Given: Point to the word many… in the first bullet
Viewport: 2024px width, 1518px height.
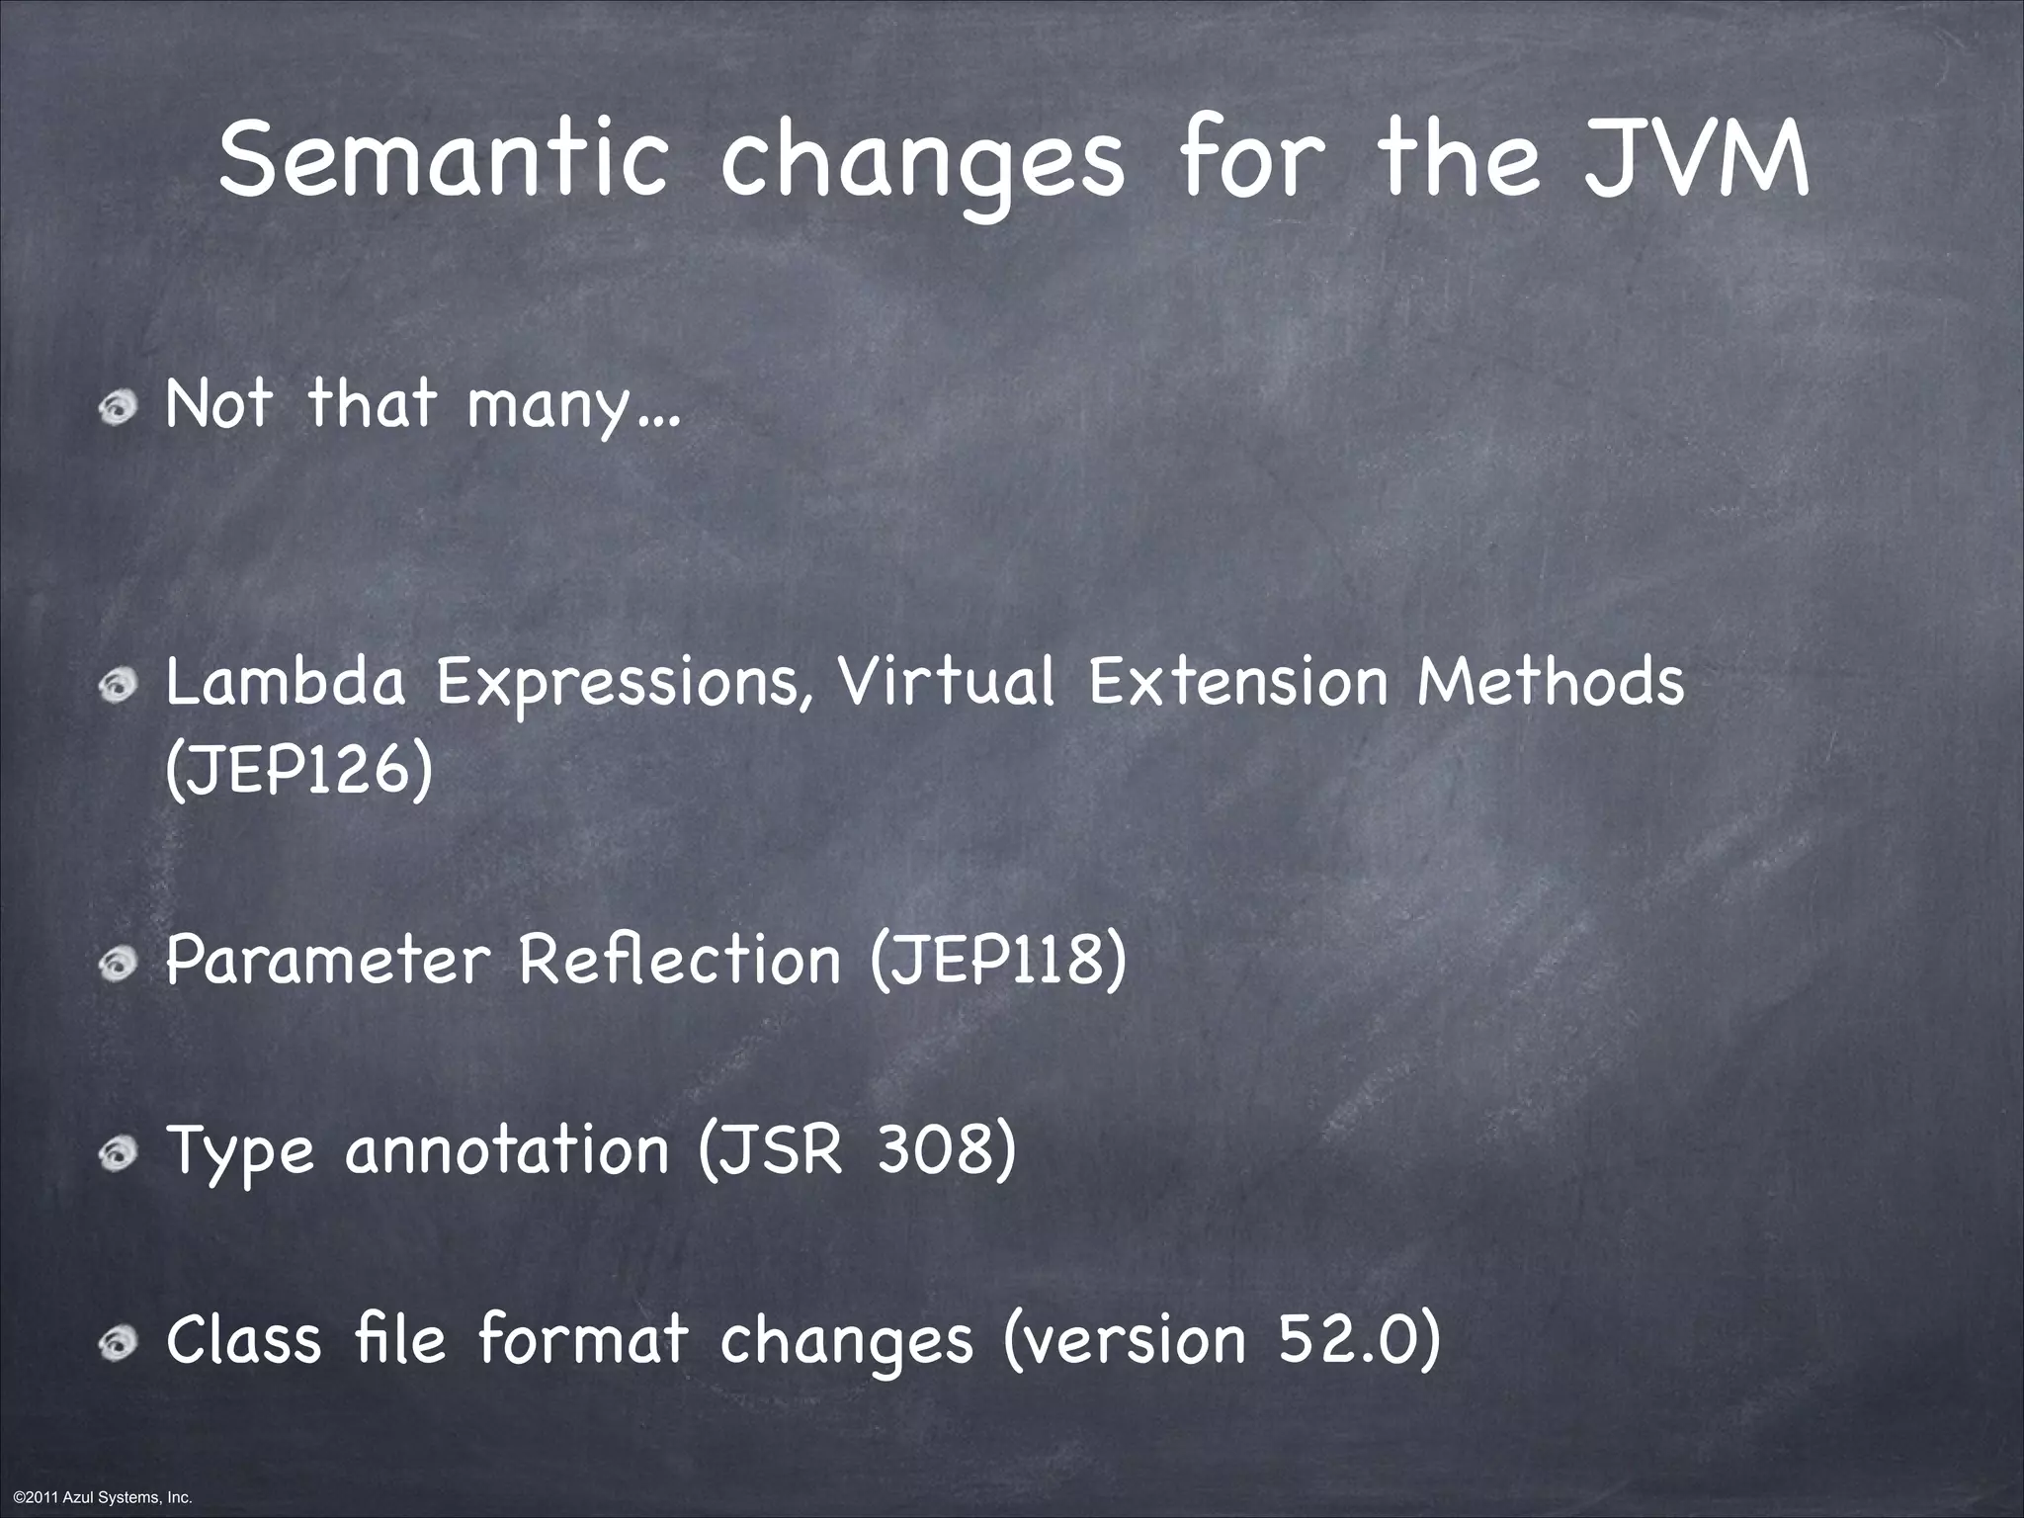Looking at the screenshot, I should coord(573,407).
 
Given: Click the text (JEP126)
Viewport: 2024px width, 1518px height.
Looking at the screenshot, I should coord(298,772).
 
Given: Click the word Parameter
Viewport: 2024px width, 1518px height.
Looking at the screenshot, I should coord(327,960).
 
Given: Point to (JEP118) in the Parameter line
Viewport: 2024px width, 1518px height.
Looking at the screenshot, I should coord(998,960).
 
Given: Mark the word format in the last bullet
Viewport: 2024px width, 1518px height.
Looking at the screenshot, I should coord(583,1340).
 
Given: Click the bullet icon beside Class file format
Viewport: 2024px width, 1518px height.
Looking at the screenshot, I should coord(124,1341).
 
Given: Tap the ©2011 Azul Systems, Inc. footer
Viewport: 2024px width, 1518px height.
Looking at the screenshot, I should coord(97,1497).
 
